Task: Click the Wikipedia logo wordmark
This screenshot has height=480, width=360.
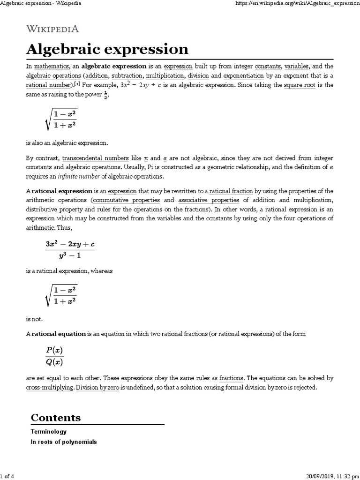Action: [52, 29]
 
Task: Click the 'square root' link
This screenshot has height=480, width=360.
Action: [300, 85]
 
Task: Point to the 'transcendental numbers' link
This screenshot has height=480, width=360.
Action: [95, 159]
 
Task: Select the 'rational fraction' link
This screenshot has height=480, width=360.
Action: [231, 191]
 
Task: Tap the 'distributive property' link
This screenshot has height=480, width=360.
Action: [54, 209]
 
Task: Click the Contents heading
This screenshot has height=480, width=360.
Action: [55, 418]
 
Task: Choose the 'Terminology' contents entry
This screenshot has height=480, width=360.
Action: [49, 432]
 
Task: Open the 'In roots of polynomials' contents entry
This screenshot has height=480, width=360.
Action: [64, 442]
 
